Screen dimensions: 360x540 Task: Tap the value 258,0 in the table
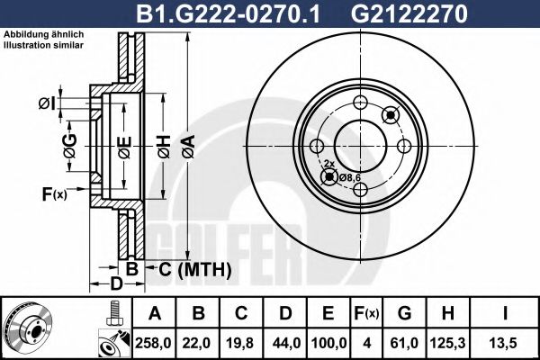(154, 341)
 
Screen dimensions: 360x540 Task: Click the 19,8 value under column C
(240, 341)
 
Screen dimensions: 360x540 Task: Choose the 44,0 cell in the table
(284, 341)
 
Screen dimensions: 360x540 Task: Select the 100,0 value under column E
(328, 341)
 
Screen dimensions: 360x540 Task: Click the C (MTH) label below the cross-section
(190, 269)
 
